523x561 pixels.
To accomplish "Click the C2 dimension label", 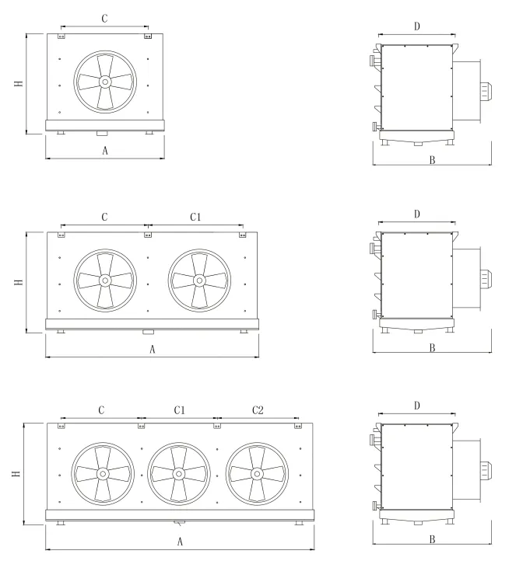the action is pos(258,410).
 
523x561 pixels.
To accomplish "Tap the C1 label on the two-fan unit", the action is pos(195,217).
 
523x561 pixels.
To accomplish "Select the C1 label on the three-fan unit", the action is pos(180,410).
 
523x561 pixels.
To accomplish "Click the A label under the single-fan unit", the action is pos(105,151).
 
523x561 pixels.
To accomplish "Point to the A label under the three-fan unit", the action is pos(180,542).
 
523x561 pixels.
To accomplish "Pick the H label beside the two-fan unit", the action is pos(19,282).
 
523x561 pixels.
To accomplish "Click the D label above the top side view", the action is pos(416,26).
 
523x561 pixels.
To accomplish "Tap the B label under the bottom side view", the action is pos(432,539).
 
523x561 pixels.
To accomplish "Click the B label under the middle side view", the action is pos(432,347).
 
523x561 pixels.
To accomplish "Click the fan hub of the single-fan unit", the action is pos(105,82).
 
